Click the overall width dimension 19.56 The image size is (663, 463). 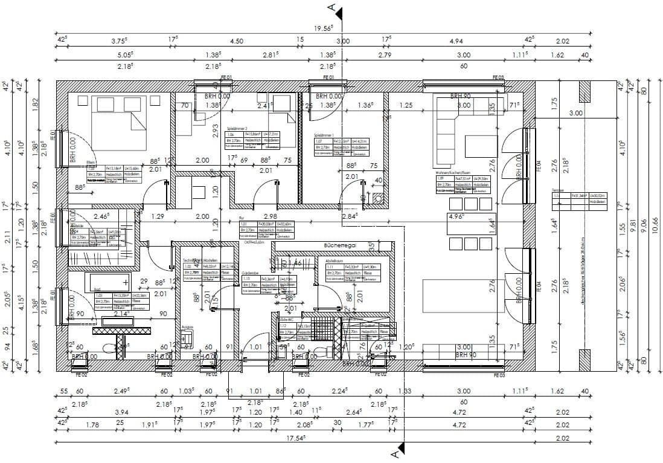click(x=325, y=28)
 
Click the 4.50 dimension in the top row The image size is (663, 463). click(x=237, y=41)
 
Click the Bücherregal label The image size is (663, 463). click(x=339, y=246)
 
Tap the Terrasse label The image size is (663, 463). click(x=558, y=190)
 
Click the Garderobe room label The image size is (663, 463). click(x=250, y=273)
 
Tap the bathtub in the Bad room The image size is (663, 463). click(x=109, y=281)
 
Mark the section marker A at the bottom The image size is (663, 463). click(x=394, y=452)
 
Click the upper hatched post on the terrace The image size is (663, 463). click(x=585, y=91)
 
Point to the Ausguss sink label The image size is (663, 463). click(x=188, y=326)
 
